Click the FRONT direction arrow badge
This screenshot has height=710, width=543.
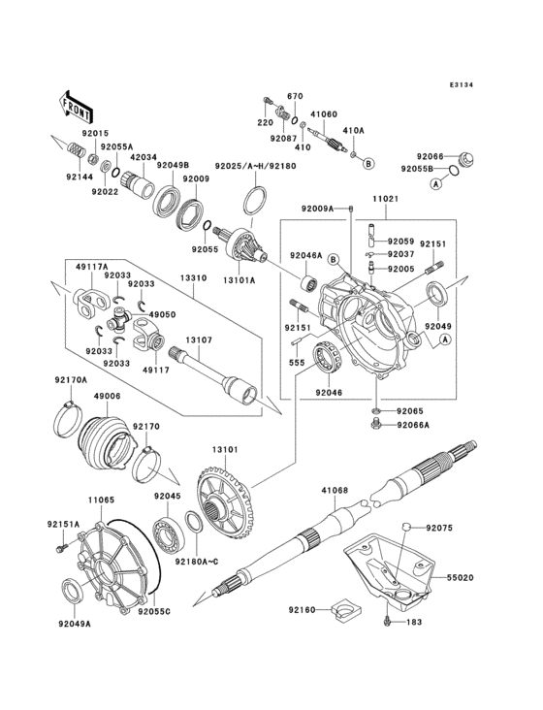[77, 103]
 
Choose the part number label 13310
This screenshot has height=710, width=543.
[192, 277]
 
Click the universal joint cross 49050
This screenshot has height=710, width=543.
[120, 316]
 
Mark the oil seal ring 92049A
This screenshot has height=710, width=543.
[73, 591]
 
